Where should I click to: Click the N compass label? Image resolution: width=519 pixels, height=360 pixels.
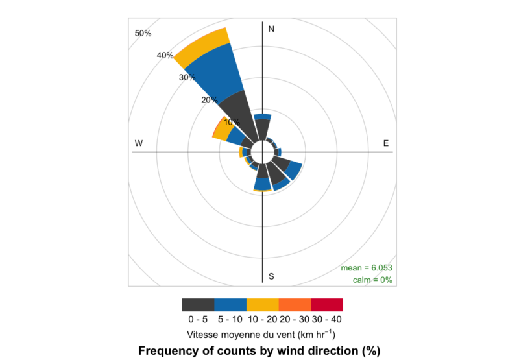tap(271, 29)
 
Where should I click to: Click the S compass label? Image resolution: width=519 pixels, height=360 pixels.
tap(271, 277)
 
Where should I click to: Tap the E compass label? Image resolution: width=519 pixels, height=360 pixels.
tap(385, 143)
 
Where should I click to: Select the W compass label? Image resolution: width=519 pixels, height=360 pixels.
tap(139, 143)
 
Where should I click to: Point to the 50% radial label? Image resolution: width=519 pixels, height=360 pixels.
tap(143, 34)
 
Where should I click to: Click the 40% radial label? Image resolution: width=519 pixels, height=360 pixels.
tap(165, 56)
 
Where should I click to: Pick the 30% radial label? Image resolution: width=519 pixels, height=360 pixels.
tap(187, 78)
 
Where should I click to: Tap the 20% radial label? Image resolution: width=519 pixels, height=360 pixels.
tap(209, 100)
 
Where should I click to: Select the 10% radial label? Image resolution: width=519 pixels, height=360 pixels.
tap(232, 122)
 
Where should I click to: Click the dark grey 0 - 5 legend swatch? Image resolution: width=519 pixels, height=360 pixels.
tap(198, 305)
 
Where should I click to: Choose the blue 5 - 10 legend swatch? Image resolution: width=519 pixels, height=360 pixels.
tap(230, 305)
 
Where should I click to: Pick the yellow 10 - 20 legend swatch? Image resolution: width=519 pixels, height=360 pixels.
tap(262, 305)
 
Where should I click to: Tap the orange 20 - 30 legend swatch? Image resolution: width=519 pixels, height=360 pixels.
tap(295, 305)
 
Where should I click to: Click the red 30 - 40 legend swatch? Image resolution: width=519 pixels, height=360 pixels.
tap(327, 305)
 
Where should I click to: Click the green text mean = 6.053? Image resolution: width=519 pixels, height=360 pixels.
tap(367, 268)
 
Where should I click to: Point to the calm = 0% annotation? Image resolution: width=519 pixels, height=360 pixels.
tap(372, 280)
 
